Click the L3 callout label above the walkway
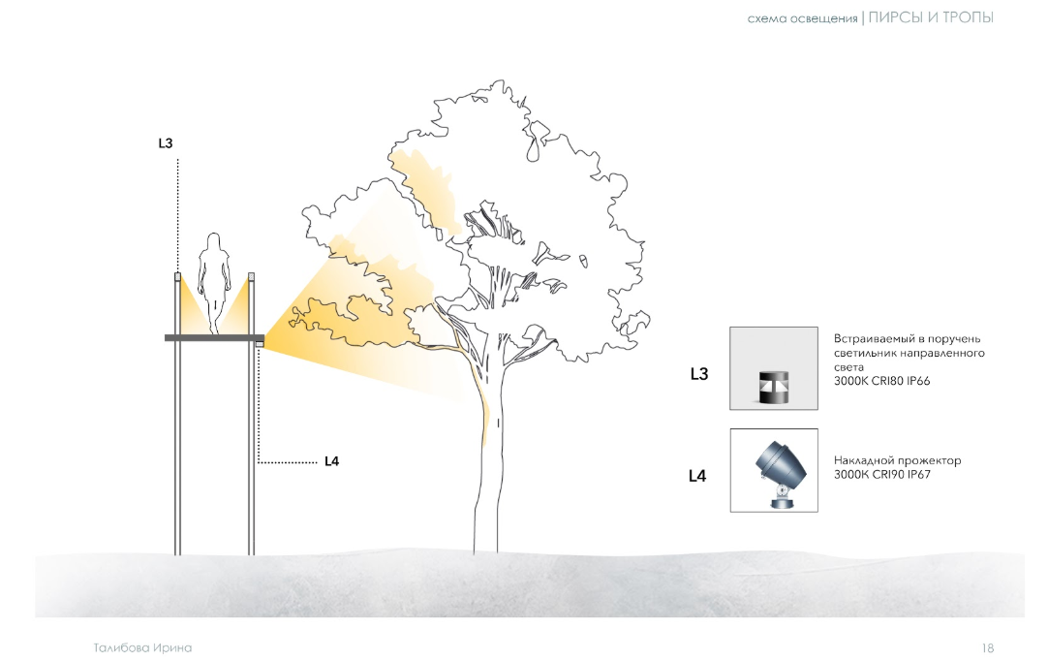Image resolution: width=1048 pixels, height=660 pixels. click(x=165, y=143)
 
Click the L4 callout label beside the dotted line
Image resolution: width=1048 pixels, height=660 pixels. click(x=331, y=461)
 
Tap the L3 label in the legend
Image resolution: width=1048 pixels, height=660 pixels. click(x=699, y=374)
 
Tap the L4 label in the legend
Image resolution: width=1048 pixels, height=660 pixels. click(x=697, y=476)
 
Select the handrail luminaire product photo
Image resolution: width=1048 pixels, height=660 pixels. click(x=773, y=368)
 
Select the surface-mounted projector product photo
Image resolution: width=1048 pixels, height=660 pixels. click(x=773, y=471)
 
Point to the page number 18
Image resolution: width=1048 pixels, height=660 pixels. click(x=988, y=648)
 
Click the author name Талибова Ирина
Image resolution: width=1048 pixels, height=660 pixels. click(x=142, y=648)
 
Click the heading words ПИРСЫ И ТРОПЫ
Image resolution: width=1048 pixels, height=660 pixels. click(x=931, y=18)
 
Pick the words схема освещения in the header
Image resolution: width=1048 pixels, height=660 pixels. click(x=802, y=19)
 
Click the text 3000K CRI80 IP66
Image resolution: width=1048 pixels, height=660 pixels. click(x=881, y=381)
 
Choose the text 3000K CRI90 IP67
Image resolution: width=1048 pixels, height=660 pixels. click(x=881, y=475)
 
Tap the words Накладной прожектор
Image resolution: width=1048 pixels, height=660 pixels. click(x=897, y=460)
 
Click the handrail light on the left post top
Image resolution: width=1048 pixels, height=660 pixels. click(x=178, y=276)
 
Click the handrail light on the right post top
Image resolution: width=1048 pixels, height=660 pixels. click(x=251, y=276)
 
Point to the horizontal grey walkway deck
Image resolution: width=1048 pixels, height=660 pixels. click(x=215, y=337)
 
